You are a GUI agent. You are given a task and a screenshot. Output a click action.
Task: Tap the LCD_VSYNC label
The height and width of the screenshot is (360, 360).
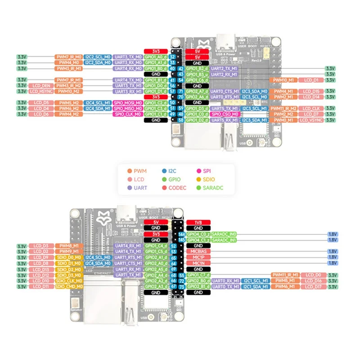(x=311, y=120)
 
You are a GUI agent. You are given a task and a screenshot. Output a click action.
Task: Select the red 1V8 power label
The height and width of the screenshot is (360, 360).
(x=198, y=222)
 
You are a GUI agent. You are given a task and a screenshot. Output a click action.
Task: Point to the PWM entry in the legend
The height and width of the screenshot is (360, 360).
(x=140, y=171)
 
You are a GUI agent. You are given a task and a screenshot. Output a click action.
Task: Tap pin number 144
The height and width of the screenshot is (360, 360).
(x=182, y=234)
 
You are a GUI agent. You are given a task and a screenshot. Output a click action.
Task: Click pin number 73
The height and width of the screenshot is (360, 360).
(x=182, y=286)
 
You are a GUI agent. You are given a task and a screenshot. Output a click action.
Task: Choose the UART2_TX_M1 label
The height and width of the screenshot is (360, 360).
(x=224, y=68)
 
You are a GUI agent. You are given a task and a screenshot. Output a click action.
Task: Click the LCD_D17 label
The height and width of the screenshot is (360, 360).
(x=311, y=286)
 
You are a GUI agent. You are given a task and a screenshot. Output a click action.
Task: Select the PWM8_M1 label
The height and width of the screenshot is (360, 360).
(x=69, y=246)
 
